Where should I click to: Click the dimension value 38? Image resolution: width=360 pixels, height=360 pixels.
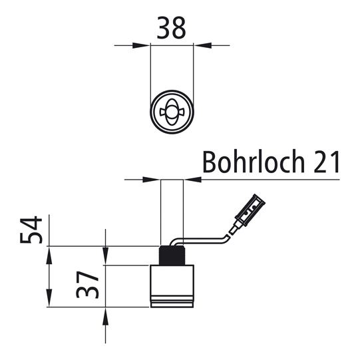(172, 27)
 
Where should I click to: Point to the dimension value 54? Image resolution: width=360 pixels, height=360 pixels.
(31, 230)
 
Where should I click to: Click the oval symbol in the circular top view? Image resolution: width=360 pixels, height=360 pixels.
(172, 111)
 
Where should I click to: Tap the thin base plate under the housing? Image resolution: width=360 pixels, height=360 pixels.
(172, 303)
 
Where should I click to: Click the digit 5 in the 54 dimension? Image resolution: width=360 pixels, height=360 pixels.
(31, 238)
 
